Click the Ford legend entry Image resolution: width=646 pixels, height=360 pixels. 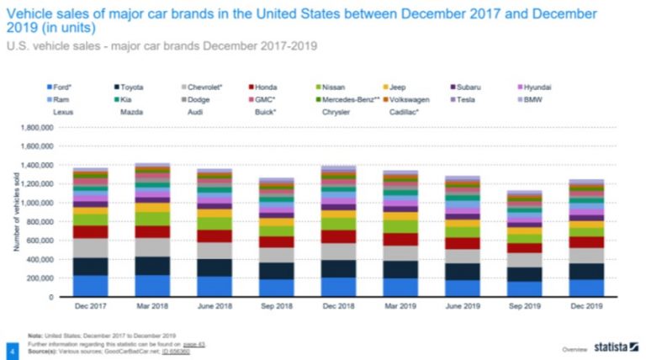pos(60,87)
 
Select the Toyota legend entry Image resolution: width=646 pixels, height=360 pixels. pos(131,87)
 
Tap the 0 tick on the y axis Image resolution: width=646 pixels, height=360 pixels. pos(52,297)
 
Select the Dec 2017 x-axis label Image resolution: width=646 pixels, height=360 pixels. pos(89,307)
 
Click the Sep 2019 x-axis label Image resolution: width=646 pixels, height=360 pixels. pos(524,307)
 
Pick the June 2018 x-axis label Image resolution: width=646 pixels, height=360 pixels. pos(214,307)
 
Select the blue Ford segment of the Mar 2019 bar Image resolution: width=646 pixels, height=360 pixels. pos(400,288)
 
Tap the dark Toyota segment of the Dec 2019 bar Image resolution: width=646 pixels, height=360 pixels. pos(586,271)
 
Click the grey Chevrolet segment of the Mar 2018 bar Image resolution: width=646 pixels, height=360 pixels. pos(151,247)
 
